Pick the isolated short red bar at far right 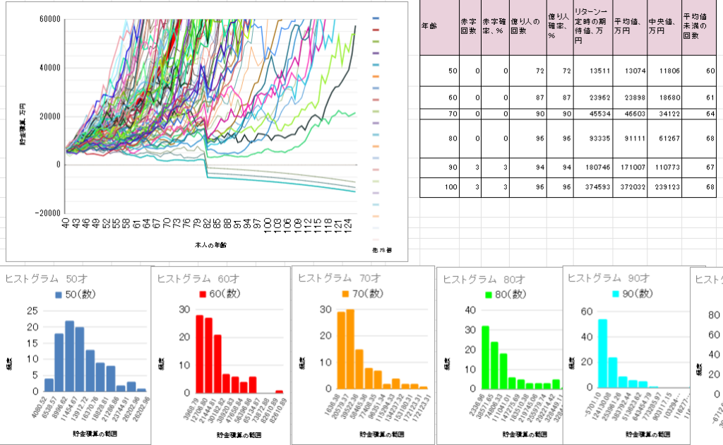click(279, 391)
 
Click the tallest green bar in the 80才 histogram click(485, 357)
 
